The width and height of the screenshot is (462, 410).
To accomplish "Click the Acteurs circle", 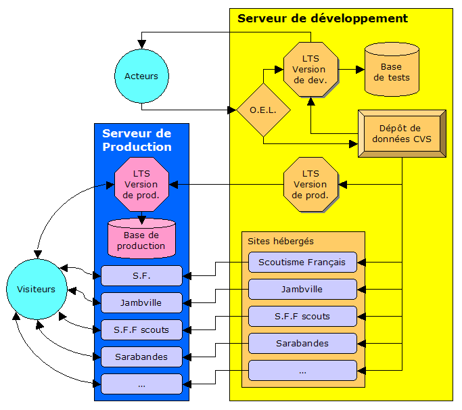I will [x=141, y=76].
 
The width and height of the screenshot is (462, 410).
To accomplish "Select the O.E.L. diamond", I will [x=263, y=110].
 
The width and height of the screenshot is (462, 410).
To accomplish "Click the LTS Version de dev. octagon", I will [x=310, y=69].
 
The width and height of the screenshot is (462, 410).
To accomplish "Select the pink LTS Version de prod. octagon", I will [x=141, y=184].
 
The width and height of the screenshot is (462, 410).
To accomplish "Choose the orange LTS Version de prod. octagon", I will [x=310, y=184].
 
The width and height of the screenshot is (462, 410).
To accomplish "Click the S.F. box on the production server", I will [x=141, y=276].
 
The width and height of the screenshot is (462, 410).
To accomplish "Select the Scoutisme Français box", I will [x=302, y=262].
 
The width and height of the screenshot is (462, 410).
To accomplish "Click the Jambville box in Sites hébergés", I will [x=302, y=289].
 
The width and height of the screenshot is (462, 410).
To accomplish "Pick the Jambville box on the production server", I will [x=141, y=303].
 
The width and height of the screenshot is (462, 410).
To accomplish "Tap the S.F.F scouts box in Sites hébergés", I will [x=302, y=316].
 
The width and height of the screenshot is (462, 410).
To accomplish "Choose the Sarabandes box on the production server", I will [x=141, y=357].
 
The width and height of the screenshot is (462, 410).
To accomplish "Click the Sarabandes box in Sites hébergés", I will [x=302, y=343].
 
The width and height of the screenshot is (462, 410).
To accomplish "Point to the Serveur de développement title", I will [x=322, y=18].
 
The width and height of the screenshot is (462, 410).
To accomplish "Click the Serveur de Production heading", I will [x=137, y=140].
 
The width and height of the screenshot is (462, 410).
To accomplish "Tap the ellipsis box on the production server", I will [x=141, y=384].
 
